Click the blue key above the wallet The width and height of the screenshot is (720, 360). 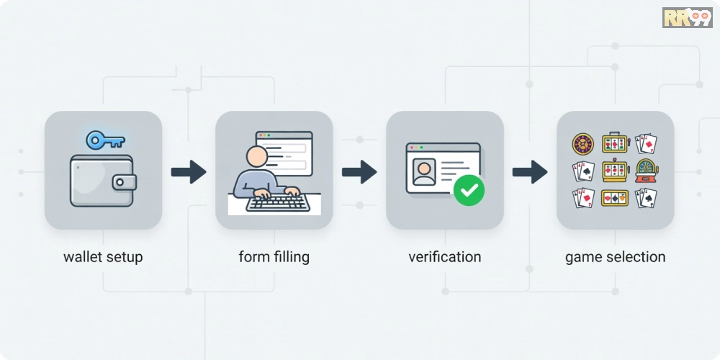[x=105, y=140]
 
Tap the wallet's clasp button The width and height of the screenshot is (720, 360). [x=120, y=182]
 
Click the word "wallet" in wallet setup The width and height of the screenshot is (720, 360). [x=82, y=257]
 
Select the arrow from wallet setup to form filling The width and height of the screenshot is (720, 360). [x=188, y=172]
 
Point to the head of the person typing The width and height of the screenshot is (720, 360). [x=257, y=156]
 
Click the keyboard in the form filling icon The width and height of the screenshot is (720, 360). [x=278, y=202]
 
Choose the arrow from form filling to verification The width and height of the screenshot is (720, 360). [x=359, y=172]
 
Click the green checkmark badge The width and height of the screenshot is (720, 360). [x=469, y=190]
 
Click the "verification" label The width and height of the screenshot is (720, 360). [x=444, y=257]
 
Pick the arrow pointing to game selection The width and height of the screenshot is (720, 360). [x=530, y=172]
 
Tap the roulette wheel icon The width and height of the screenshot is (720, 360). [x=583, y=144]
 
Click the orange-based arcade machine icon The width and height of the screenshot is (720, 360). [x=647, y=171]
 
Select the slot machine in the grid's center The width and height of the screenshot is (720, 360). [x=615, y=171]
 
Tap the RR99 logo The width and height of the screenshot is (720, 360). [x=687, y=17]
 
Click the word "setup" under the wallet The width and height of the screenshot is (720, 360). [x=124, y=258]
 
